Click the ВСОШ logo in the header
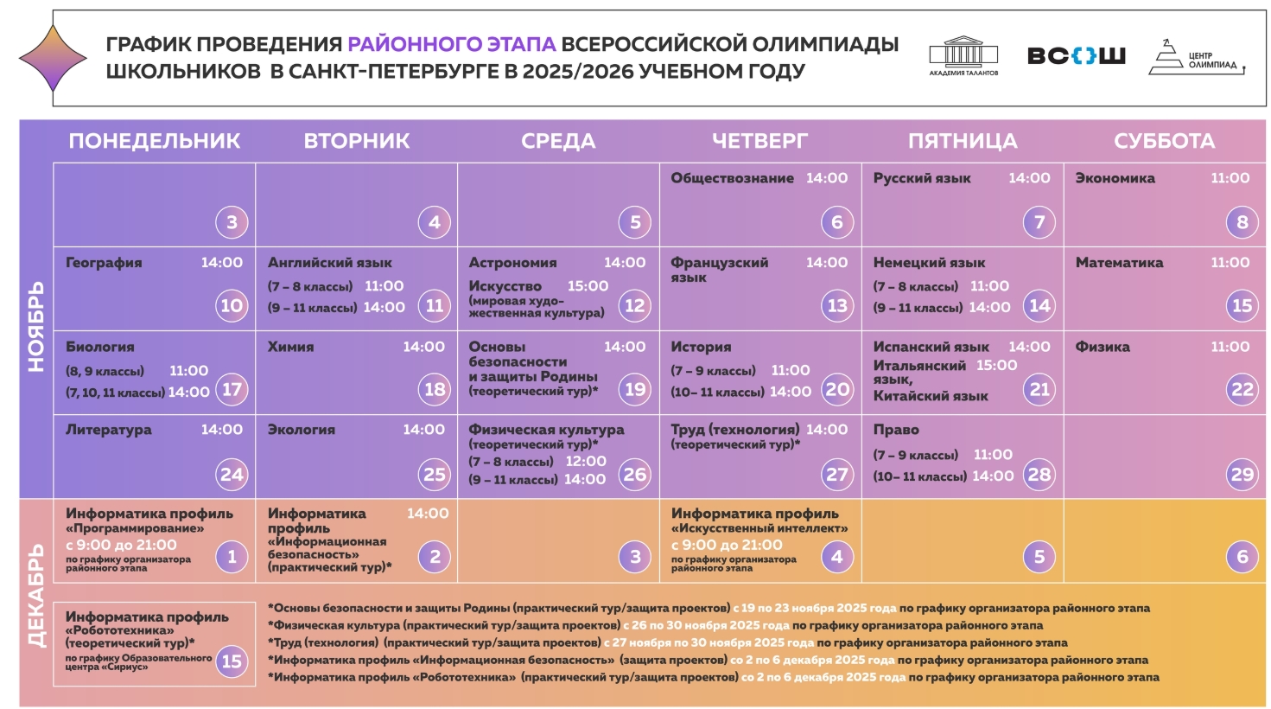click(x=1076, y=56)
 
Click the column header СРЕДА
click(x=558, y=141)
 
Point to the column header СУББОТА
click(x=1164, y=141)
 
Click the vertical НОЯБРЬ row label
click(x=35, y=327)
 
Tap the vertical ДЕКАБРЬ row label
click(x=35, y=596)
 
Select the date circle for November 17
click(x=232, y=389)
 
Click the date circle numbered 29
click(x=1242, y=474)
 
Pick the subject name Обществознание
click(x=732, y=178)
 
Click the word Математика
click(x=1119, y=263)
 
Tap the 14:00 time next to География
click(x=222, y=263)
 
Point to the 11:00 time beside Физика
click(x=1230, y=347)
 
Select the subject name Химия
click(x=290, y=347)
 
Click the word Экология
click(x=301, y=430)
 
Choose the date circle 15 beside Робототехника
click(x=232, y=661)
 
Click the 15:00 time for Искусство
click(x=588, y=286)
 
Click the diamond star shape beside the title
click(x=53, y=58)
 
